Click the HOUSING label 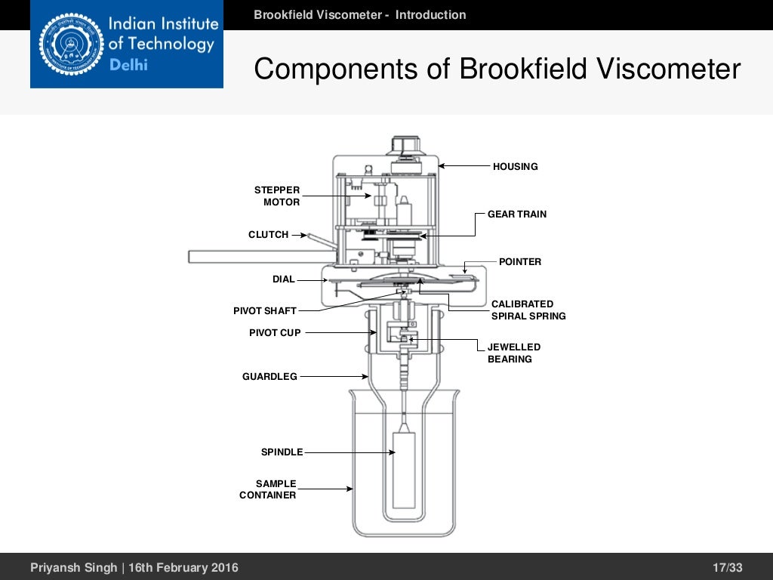tap(515, 166)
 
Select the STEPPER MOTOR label tap(277, 196)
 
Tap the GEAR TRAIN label tap(517, 214)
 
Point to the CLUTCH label tap(268, 235)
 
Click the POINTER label tap(520, 262)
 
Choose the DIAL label tap(283, 279)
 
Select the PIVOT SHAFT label tap(264, 311)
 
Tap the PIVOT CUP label tap(275, 333)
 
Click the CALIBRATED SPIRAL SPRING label tap(528, 310)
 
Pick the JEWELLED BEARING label tap(513, 353)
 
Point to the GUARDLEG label tap(269, 376)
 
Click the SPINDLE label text tap(282, 452)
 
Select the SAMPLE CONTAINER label tap(269, 489)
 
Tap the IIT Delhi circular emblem tap(67, 45)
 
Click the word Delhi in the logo tap(129, 65)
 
